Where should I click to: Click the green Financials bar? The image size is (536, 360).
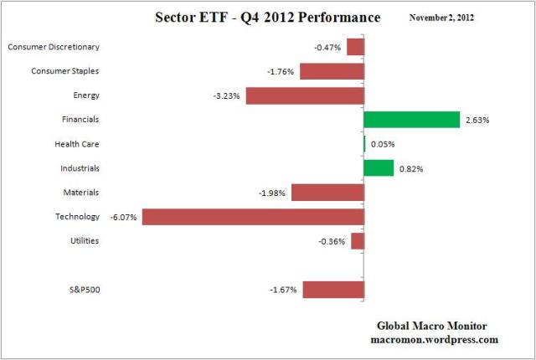pyautogui.click(x=411, y=120)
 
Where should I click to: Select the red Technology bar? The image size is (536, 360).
pyautogui.click(x=252, y=217)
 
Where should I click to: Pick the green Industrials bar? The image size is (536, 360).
pyautogui.click(x=379, y=168)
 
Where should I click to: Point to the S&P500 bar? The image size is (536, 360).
pyautogui.click(x=332, y=290)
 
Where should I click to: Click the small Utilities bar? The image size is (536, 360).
pyautogui.click(x=357, y=241)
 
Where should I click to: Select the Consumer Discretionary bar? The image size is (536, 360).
pyautogui.click(x=355, y=47)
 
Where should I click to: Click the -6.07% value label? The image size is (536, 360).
pyautogui.click(x=124, y=217)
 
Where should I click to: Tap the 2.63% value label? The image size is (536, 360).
pyautogui.click(x=477, y=121)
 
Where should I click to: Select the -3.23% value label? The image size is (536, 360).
pyautogui.click(x=227, y=96)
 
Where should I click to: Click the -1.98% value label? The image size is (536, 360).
pyautogui.click(x=273, y=193)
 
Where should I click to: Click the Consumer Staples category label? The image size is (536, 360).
pyautogui.click(x=64, y=71)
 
